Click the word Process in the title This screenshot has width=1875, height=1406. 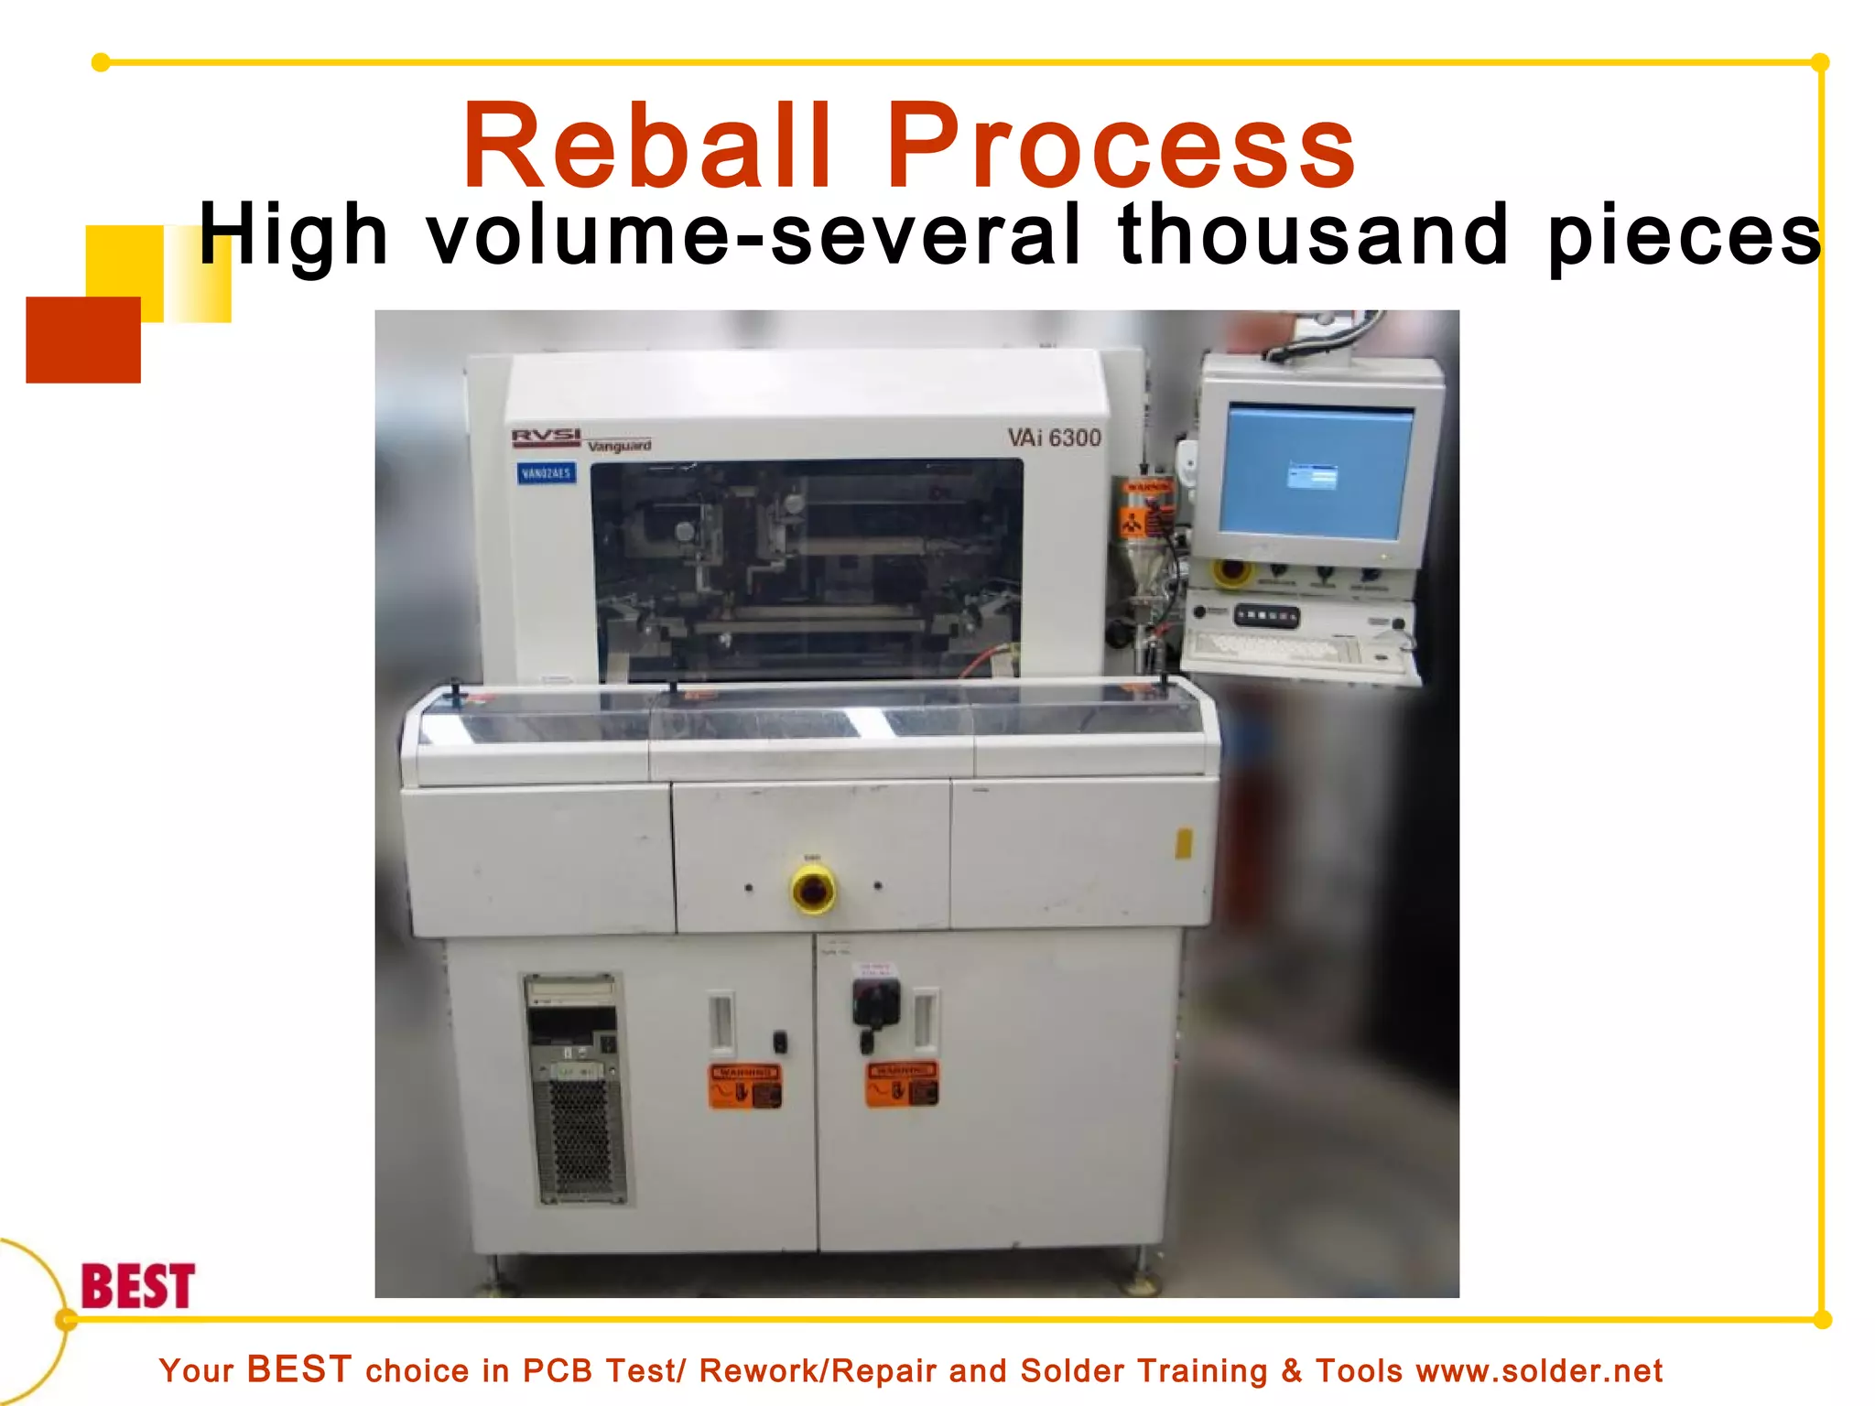pos(1119,146)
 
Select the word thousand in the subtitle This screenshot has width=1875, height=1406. pos(1313,236)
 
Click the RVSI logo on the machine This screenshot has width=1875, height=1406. pos(546,438)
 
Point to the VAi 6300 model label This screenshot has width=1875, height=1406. pos(1054,438)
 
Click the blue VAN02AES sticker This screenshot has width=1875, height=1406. pos(546,473)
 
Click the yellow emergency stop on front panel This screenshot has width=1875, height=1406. pos(812,889)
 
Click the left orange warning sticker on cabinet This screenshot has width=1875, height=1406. pos(744,1086)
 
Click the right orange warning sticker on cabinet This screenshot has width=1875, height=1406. pos(902,1085)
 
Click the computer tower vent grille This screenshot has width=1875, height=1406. pos(580,1140)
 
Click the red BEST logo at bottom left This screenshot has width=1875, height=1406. pos(137,1286)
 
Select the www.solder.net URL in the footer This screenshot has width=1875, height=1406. pos(1539,1371)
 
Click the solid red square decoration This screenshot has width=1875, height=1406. pos(83,340)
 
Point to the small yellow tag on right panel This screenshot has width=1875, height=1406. pos(1183,843)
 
